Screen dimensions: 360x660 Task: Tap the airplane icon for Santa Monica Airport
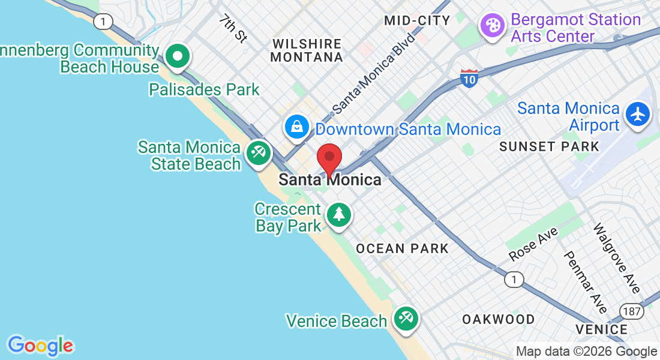(x=637, y=114)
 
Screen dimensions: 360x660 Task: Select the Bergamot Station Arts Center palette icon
(x=492, y=26)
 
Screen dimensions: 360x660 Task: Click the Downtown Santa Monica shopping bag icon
(x=297, y=127)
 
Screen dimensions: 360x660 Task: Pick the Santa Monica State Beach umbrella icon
(x=259, y=154)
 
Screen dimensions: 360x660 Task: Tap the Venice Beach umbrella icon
(x=406, y=319)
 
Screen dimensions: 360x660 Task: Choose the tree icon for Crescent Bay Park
(x=339, y=214)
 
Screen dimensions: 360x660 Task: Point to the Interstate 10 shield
(x=469, y=79)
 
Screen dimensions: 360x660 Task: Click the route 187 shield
(x=632, y=311)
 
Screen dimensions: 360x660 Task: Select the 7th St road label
(x=233, y=29)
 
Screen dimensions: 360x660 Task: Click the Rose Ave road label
(x=533, y=244)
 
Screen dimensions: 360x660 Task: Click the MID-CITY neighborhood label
(x=417, y=20)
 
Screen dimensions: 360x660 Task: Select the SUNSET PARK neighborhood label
(x=549, y=146)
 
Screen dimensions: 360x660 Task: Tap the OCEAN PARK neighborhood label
(x=402, y=248)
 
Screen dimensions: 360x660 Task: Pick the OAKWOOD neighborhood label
(x=498, y=319)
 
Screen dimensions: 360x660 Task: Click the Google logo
(x=40, y=346)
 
